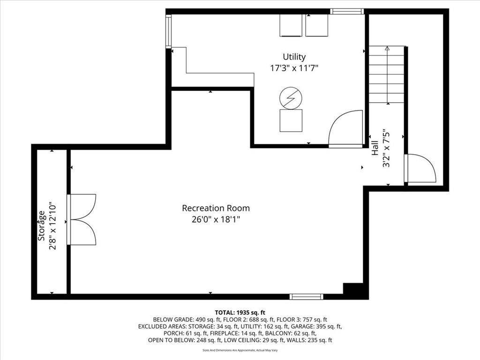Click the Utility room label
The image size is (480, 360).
(294, 57)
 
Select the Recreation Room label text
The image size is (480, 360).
(216, 208)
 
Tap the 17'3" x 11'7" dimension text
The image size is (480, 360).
(294, 68)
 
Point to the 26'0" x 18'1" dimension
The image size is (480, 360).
(216, 219)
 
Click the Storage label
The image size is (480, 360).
(42, 225)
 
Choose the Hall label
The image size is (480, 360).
(375, 148)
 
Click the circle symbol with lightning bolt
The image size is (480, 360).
(291, 98)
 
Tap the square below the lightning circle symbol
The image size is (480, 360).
(291, 120)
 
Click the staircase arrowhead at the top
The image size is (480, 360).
(388, 48)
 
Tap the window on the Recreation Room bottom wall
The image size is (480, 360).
(307, 296)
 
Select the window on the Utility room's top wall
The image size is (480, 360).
(347, 12)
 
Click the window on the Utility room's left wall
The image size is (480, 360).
(168, 31)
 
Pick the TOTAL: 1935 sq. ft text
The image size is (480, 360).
(240, 313)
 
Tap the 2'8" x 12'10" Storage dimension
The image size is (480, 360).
(52, 225)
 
